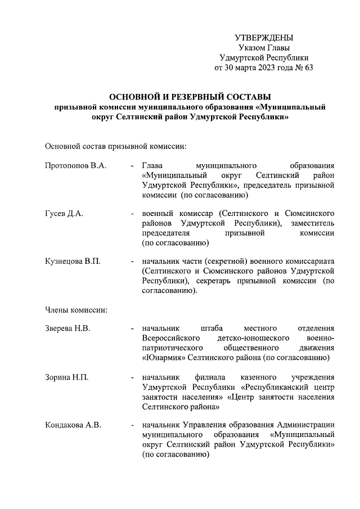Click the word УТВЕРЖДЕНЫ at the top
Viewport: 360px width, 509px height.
pyautogui.click(x=264, y=38)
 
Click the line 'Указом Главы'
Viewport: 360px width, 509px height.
pyautogui.click(x=264, y=48)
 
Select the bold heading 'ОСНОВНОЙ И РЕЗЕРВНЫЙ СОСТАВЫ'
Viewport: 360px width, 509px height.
pyautogui.click(x=190, y=97)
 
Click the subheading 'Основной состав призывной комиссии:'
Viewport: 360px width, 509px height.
pyautogui.click(x=115, y=146)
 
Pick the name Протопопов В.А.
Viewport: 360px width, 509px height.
pyautogui.click(x=75, y=166)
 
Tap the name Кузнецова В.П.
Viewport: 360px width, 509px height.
pyautogui.click(x=73, y=262)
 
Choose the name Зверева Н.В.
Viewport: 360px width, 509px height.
pyautogui.click(x=67, y=328)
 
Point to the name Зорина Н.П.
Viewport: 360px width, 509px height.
pyautogui.click(x=66, y=376)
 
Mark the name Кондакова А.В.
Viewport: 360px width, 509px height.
pyautogui.click(x=73, y=425)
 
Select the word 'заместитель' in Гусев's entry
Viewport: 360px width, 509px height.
pyautogui.click(x=312, y=223)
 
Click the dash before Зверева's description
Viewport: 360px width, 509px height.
pyautogui.click(x=132, y=328)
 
